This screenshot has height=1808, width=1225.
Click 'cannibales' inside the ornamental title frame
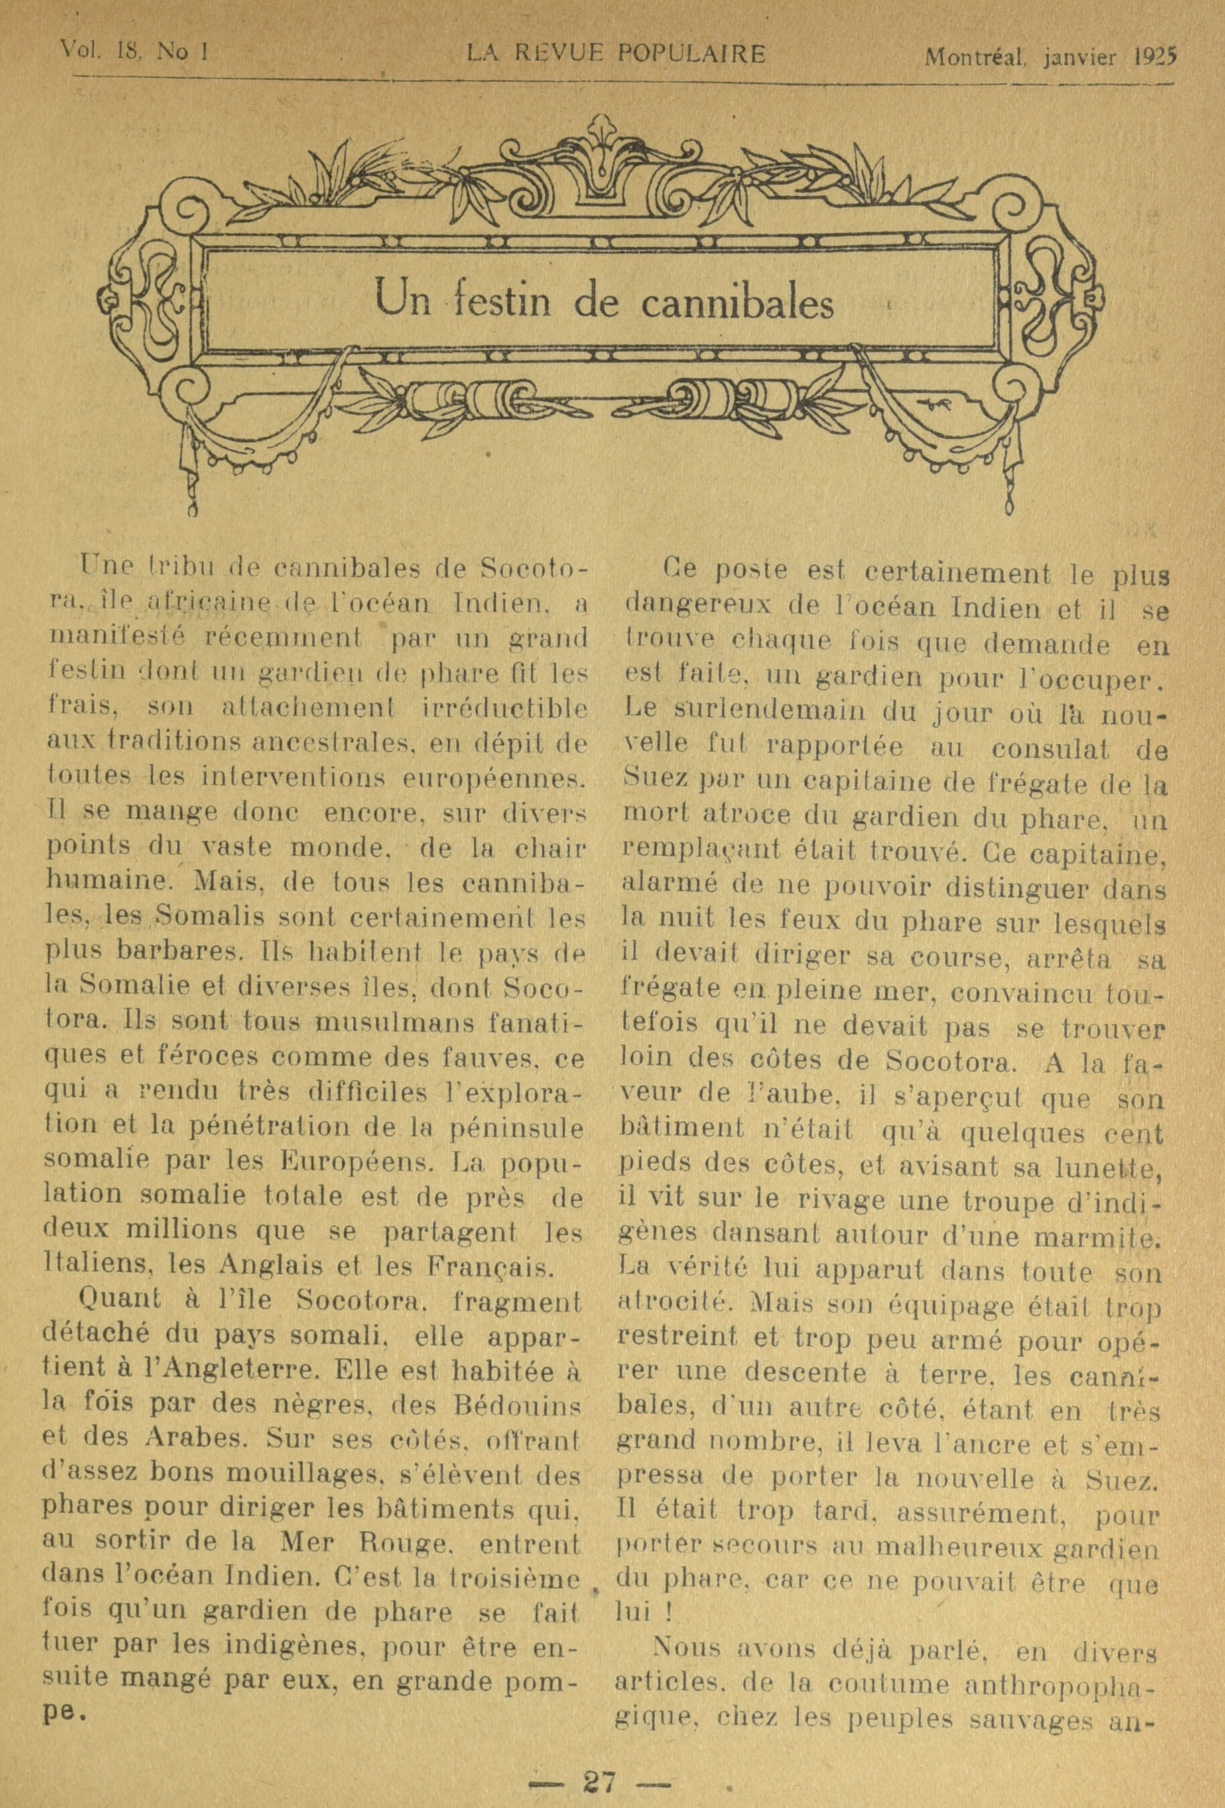pos(736,302)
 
